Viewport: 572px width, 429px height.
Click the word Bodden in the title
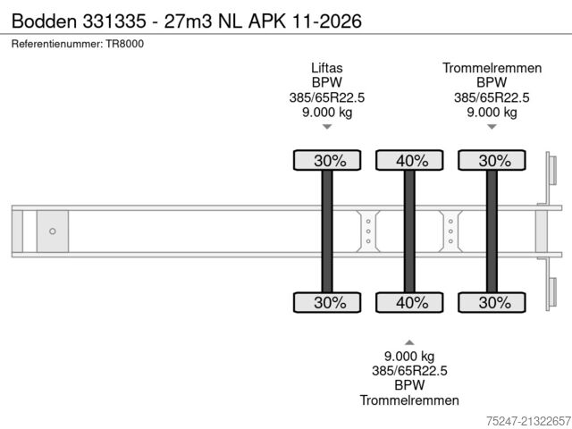44,21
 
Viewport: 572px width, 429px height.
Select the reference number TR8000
125,44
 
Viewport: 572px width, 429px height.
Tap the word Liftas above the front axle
327,68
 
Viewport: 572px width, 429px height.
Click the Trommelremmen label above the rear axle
492,68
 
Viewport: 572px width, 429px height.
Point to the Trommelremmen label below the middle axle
409,400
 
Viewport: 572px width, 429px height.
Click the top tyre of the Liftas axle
327,160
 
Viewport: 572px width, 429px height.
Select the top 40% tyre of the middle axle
409,160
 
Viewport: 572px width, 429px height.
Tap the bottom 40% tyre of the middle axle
409,302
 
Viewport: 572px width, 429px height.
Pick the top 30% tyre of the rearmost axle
492,160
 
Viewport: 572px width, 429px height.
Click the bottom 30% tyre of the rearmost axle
492,302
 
